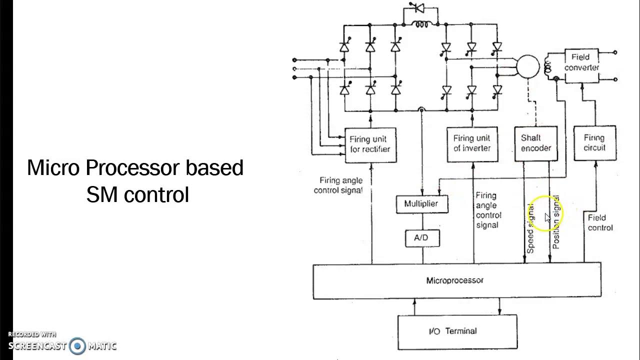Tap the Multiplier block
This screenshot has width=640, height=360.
[421, 204]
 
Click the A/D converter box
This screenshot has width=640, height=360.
[421, 238]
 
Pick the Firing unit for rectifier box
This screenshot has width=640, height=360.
[370, 144]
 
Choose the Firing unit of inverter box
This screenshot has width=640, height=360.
[472, 144]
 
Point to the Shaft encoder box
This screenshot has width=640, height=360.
[536, 143]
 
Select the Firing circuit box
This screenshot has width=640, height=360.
[594, 143]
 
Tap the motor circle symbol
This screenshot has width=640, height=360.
[527, 67]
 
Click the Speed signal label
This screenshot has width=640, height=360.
[530, 227]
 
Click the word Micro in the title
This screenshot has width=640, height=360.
[53, 168]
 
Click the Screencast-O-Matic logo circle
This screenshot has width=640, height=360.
[77, 345]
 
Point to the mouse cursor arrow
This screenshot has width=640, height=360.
[547, 217]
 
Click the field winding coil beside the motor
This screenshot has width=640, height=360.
[548, 66]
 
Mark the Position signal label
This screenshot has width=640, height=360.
[555, 223]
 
